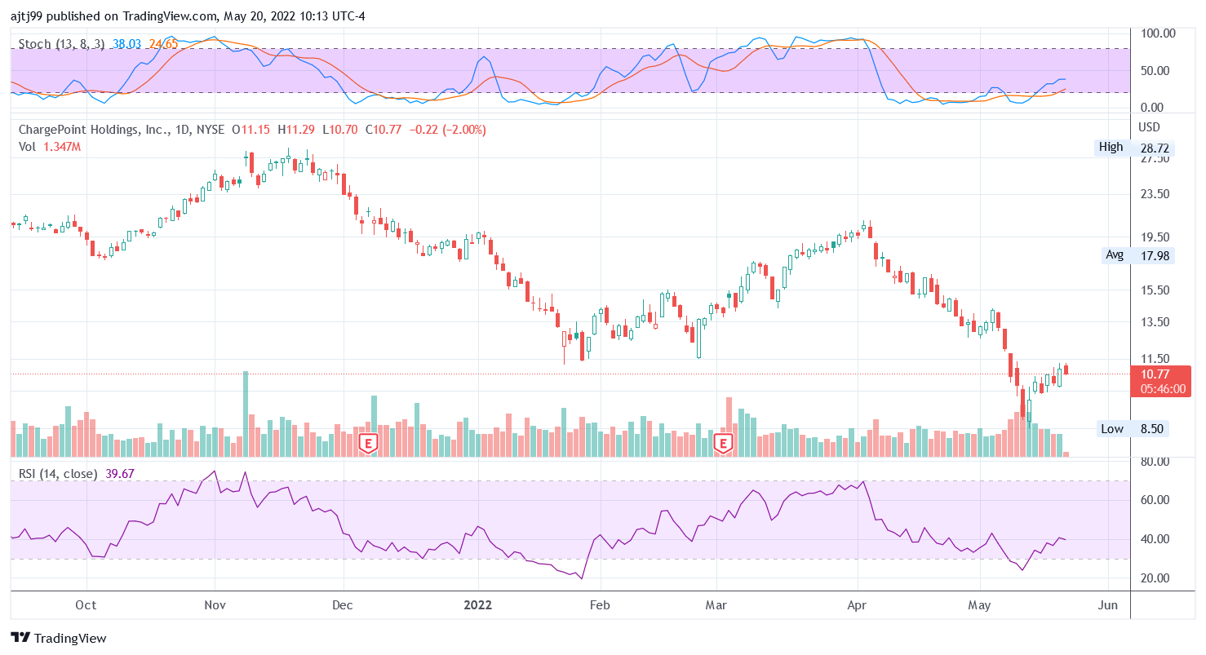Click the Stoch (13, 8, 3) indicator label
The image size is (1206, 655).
(x=61, y=44)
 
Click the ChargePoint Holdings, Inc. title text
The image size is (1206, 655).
(x=95, y=130)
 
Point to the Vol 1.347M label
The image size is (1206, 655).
(x=50, y=147)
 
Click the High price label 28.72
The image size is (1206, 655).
(x=1132, y=148)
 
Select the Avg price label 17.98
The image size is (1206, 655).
(x=1132, y=255)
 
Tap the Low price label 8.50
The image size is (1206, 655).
(x=1132, y=429)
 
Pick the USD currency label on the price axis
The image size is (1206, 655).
(x=1149, y=128)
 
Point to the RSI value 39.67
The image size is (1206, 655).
(x=120, y=474)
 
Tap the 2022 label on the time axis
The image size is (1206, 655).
(x=477, y=605)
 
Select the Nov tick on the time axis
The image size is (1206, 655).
(x=215, y=605)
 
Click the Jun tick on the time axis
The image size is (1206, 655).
(x=1108, y=605)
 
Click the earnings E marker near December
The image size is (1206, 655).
(x=369, y=443)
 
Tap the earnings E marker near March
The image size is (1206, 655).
(x=722, y=443)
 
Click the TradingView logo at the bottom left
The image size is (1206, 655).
(x=59, y=638)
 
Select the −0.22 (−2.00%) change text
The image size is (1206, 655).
(x=447, y=130)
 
